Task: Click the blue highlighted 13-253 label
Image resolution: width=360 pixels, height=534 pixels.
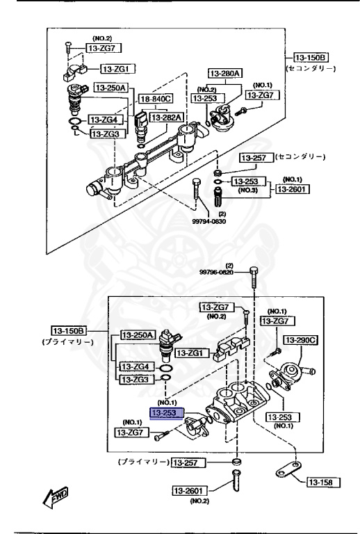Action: coord(167,413)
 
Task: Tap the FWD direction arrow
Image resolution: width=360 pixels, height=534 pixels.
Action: coord(53,496)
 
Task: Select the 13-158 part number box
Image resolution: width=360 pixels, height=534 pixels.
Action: coord(321,482)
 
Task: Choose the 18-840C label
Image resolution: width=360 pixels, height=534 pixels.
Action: coord(156,99)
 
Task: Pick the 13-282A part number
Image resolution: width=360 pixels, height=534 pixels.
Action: coord(167,118)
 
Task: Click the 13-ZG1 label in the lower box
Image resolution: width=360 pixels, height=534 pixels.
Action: coord(191,353)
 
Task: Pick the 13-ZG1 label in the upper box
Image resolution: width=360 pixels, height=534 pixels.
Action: coord(119,69)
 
